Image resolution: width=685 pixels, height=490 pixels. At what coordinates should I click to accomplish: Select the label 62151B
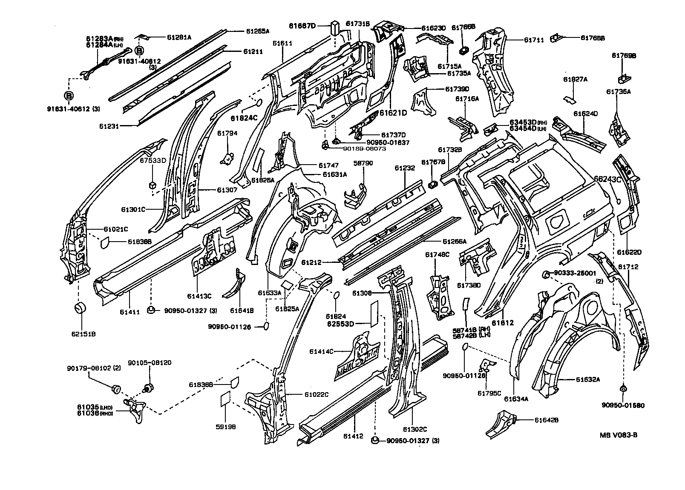tap(79, 334)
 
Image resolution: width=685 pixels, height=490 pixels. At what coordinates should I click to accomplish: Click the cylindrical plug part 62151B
tap(80, 308)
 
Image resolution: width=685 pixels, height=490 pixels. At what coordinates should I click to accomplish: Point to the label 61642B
tap(546, 420)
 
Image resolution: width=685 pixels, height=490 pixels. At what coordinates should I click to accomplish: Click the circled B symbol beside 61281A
tap(139, 51)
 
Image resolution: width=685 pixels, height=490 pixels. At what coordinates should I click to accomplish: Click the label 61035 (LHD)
tap(88, 407)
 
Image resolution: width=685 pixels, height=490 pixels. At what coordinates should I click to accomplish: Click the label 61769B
tap(624, 55)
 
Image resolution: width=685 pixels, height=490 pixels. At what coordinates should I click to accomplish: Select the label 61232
tap(404, 168)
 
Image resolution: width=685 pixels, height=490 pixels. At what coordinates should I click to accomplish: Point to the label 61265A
tap(258, 31)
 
